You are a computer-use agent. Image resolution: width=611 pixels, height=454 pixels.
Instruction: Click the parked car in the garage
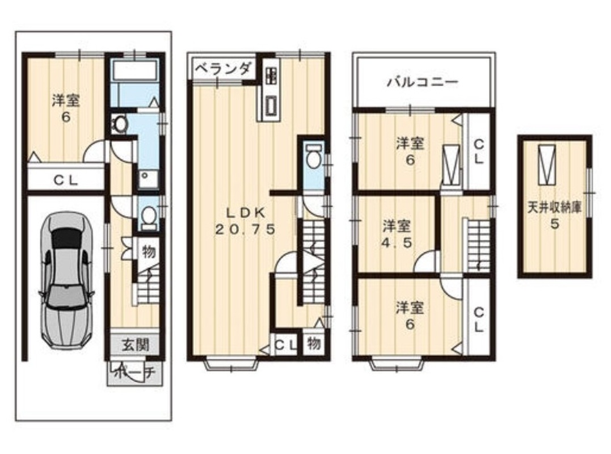(66, 280)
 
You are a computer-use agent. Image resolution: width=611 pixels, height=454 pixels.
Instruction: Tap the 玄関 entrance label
(135, 344)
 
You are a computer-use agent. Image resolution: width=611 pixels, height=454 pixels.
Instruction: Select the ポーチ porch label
(135, 373)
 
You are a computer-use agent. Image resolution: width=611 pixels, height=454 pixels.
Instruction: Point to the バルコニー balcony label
(423, 82)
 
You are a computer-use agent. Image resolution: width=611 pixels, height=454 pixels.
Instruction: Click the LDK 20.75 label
(246, 221)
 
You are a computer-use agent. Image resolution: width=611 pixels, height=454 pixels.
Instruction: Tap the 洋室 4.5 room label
(397, 234)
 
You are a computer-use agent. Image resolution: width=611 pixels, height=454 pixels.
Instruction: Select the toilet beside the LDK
(314, 156)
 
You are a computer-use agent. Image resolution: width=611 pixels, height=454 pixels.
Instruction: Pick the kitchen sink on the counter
(271, 105)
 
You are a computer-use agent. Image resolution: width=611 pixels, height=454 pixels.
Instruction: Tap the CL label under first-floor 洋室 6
(66, 180)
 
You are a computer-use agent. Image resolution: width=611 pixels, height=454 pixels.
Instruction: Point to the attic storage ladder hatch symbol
(547, 165)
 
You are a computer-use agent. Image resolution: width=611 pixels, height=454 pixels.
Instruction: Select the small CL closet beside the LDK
(286, 344)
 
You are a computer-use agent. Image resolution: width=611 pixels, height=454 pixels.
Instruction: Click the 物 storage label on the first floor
(149, 253)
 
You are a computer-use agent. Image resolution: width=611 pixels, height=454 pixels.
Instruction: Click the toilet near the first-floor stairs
(148, 216)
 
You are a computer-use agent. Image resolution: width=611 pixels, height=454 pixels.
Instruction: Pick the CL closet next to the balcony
(478, 152)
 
